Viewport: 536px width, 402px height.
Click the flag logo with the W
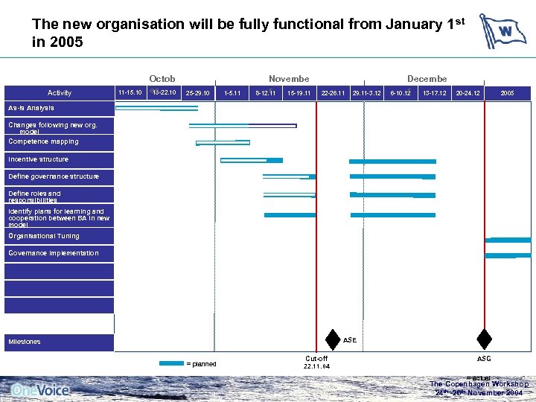coord(502,31)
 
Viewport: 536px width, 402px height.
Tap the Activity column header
coord(60,93)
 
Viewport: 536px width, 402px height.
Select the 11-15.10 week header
coord(130,92)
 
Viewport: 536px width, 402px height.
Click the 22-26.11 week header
coord(334,93)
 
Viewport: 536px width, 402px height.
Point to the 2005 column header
coord(507,93)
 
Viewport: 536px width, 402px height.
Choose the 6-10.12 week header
coord(401,93)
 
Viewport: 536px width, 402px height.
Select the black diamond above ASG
coord(484,339)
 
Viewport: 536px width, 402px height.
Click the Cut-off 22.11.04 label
coord(316,362)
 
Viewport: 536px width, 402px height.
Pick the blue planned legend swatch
coord(170,364)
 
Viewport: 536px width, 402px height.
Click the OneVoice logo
coord(40,389)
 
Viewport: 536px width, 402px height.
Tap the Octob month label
coord(162,79)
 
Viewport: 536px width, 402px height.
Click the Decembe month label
coord(427,79)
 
